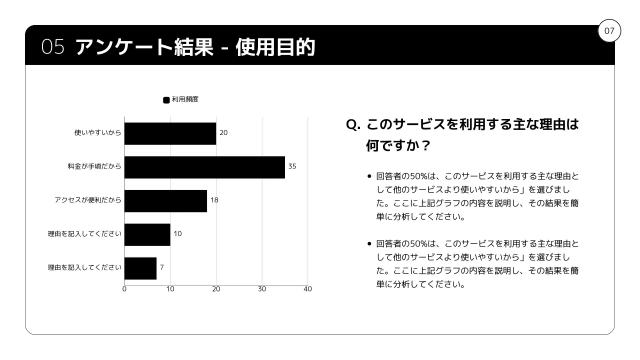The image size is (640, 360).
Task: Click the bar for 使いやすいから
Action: [x=170, y=133]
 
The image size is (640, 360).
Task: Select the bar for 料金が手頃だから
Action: [x=204, y=167]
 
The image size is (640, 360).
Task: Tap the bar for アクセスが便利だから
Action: [x=165, y=200]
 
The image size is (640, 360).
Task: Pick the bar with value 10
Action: [x=147, y=234]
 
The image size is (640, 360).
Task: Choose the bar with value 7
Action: [x=140, y=268]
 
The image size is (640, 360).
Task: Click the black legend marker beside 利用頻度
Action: [x=166, y=100]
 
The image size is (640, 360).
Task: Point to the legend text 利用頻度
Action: [x=185, y=99]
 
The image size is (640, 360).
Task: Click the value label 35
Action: [x=292, y=166]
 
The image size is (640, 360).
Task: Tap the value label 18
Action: [x=214, y=200]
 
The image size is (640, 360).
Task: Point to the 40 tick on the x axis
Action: [x=307, y=289]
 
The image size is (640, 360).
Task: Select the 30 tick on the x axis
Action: [x=262, y=289]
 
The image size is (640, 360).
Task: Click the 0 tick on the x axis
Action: [x=124, y=289]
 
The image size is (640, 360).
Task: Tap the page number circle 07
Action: [x=609, y=31]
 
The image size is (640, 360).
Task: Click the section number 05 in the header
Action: [x=53, y=47]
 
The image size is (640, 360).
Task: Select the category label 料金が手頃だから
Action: [x=94, y=166]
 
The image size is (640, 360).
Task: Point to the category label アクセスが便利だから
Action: [x=88, y=200]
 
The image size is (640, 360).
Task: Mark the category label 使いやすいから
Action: [x=97, y=133]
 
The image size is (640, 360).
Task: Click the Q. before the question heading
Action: [x=353, y=124]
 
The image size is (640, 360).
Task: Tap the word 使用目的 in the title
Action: [x=275, y=47]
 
